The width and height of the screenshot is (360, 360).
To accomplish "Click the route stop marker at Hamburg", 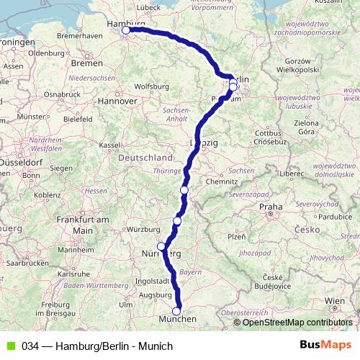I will click(126, 30).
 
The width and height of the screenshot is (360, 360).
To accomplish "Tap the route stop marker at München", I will click(176, 311).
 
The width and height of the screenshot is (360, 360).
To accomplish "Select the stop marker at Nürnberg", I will click(161, 246).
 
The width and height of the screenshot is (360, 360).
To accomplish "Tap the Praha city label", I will click(271, 207).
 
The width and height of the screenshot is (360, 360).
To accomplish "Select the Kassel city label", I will click(109, 145).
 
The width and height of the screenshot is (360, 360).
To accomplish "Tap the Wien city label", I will click(335, 300).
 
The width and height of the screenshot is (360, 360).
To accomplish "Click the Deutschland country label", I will click(145, 157).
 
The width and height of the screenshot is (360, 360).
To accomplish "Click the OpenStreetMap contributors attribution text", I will click(296, 323).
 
